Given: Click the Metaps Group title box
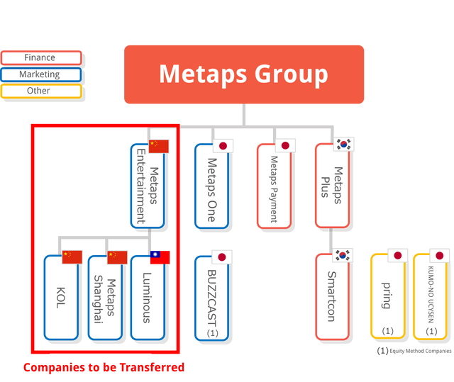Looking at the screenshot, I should tap(243, 74).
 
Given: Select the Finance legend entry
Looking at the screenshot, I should tap(41, 57).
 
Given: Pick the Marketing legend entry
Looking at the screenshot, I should tap(41, 74).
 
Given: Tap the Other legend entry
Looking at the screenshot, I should tap(41, 91).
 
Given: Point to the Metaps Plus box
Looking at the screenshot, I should tap(331, 186).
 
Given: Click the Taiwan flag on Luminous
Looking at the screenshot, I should tap(161, 257).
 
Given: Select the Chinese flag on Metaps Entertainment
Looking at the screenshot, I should tap(159, 146).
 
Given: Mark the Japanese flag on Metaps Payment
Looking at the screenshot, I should tap(286, 146).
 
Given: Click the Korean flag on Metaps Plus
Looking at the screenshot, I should tap(344, 145).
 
